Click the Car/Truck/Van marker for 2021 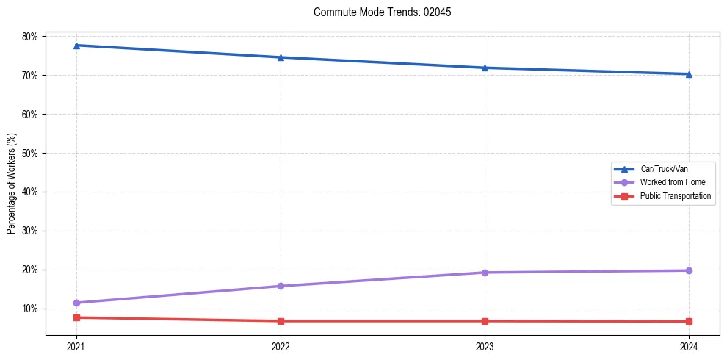76,46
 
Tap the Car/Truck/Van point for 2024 689,74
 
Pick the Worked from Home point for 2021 76,303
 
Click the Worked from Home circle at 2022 281,286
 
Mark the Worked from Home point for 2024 689,270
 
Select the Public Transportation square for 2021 76,317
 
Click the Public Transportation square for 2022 281,321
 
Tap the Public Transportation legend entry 675,196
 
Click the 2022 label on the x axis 281,346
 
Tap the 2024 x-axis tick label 689,346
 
